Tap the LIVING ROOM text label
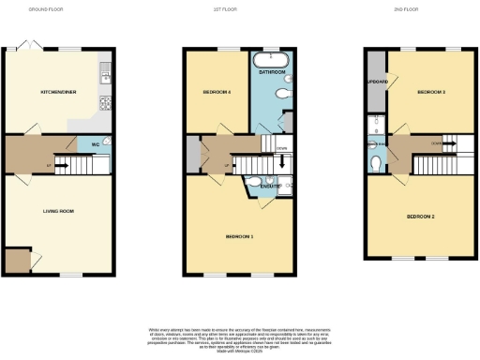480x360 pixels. tap(58, 211)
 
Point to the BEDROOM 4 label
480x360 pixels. tap(217, 92)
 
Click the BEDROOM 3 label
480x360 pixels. tap(431, 92)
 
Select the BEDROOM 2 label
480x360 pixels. tap(421, 217)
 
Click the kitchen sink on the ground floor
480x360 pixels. tap(105, 70)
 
